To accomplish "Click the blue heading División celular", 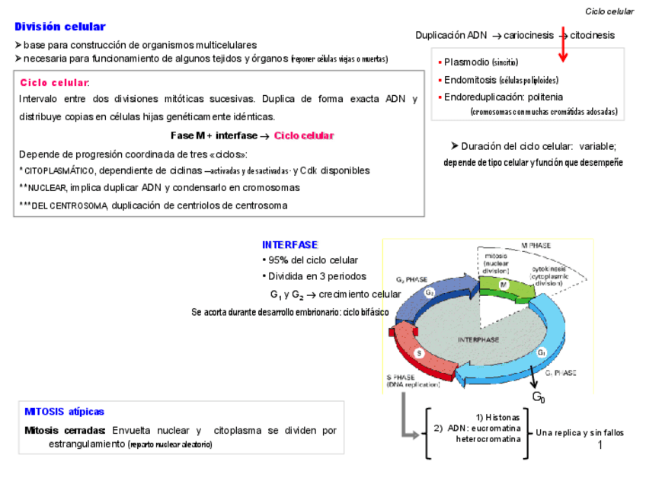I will pyautogui.click(x=59, y=27).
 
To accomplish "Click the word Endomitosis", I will pyautogui.click(x=470, y=80).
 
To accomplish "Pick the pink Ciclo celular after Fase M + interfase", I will pyautogui.click(x=304, y=135).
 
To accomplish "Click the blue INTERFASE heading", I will pyautogui.click(x=289, y=245).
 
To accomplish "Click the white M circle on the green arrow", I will pyautogui.click(x=504, y=284).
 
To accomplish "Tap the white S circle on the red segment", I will pyautogui.click(x=418, y=353).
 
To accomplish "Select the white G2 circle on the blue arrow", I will pyautogui.click(x=430, y=292).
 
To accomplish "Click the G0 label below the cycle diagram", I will pyautogui.click(x=538, y=397).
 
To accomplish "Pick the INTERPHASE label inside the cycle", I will pyautogui.click(x=478, y=339).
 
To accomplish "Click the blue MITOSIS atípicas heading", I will pyautogui.click(x=64, y=412).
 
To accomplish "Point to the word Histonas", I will pyautogui.click(x=504, y=418).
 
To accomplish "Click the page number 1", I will pyautogui.click(x=600, y=444).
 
